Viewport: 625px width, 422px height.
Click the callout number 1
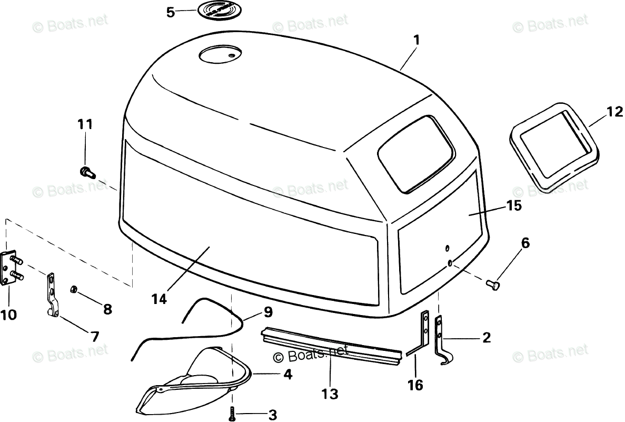416,40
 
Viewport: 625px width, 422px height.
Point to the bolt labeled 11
85,171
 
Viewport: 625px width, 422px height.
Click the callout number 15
514,205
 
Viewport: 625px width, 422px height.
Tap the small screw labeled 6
493,284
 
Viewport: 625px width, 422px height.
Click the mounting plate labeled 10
12,269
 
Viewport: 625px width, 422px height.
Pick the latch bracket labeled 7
52,295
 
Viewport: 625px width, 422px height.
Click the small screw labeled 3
231,414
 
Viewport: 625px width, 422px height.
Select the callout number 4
287,375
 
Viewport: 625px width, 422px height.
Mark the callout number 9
268,312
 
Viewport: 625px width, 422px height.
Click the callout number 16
415,385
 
